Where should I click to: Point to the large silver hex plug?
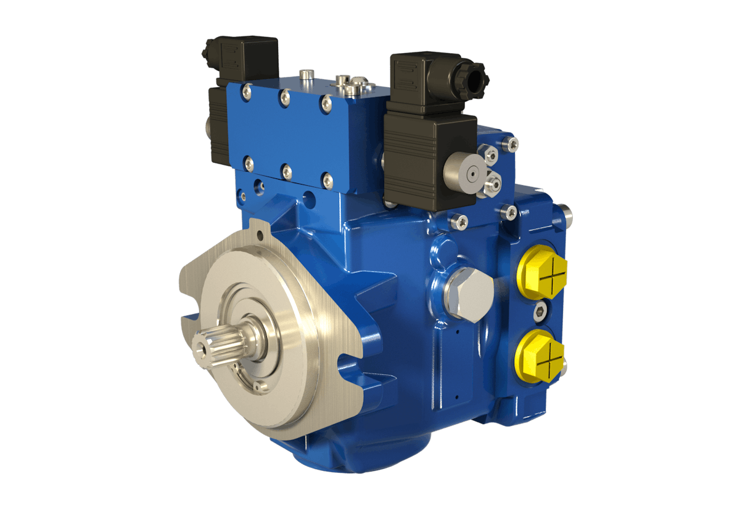pos(467,296)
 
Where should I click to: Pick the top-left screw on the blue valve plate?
pos(247,92)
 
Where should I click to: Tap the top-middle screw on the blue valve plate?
pos(284,96)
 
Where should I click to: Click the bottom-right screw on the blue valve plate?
pos(327,180)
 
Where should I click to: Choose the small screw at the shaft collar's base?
pos(258,386)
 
